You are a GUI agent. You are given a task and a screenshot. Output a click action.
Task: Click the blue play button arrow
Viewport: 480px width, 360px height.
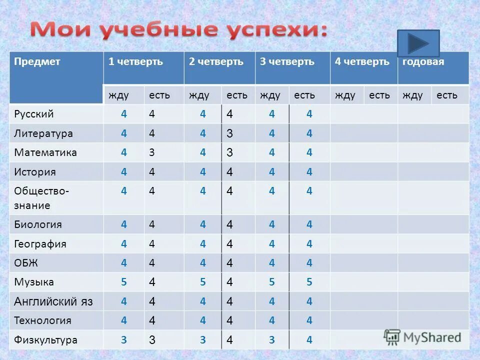[418, 43]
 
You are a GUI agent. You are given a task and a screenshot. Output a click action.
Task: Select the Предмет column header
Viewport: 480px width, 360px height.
[37, 62]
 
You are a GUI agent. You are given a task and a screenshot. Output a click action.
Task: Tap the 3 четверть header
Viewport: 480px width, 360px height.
[287, 62]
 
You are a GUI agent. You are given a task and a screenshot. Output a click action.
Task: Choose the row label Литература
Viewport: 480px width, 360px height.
[43, 133]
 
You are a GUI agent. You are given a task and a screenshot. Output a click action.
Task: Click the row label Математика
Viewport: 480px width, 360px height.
[45, 152]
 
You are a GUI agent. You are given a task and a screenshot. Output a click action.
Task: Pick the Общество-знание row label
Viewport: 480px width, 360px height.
[41, 197]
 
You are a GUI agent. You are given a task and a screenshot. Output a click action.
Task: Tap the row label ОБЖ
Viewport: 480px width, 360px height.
[26, 263]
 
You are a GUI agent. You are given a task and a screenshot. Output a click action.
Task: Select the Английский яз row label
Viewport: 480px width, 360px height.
[53, 301]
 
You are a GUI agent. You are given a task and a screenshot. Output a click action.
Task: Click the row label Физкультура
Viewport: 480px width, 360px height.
[45, 340]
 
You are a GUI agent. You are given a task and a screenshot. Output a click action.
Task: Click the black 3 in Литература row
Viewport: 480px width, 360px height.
[229, 133]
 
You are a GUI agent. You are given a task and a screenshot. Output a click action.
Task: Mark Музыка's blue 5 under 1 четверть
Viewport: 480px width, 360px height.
[124, 282]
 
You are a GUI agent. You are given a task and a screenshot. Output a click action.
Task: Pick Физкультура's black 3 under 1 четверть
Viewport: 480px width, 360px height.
[152, 340]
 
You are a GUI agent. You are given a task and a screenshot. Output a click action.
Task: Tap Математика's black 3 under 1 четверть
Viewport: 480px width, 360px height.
[152, 152]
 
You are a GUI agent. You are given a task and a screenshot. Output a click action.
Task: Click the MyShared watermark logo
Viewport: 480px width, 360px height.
[422, 337]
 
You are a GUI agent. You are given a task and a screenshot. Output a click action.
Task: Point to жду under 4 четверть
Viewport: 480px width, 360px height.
[345, 95]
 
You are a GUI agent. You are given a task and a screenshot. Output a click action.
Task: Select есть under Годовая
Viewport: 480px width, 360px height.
[446, 95]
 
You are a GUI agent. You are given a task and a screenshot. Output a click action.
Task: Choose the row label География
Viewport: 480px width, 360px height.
[40, 244]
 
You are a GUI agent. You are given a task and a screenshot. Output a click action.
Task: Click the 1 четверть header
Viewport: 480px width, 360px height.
[136, 62]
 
